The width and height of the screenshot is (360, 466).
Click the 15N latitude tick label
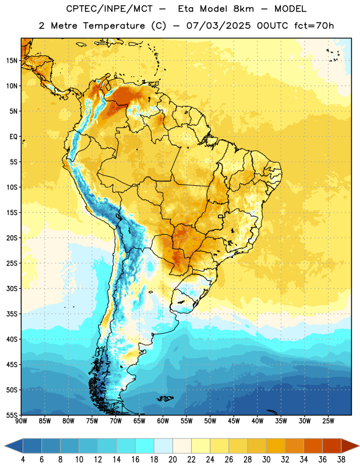tap(12, 61)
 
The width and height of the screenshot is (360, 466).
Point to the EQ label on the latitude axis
tap(13, 137)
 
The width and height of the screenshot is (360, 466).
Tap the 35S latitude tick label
tap(12, 314)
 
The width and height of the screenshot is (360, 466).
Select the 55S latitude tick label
tap(12, 415)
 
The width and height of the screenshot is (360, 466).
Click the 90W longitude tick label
tap(22, 421)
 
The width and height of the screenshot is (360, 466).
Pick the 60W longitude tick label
tap(163, 421)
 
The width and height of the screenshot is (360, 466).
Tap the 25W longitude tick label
tap(328, 421)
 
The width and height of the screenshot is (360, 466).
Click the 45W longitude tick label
tap(234, 421)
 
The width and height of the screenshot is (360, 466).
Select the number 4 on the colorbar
tap(23, 460)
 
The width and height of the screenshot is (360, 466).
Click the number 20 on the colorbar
tap(172, 460)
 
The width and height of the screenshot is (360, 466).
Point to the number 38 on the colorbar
tap(341, 460)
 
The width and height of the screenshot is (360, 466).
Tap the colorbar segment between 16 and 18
tap(144, 446)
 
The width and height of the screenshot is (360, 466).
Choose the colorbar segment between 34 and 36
tap(313, 446)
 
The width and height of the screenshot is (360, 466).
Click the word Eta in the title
tap(186, 9)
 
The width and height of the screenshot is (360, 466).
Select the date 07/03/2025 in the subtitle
tap(218, 26)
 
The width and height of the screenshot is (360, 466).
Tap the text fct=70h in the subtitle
tap(314, 26)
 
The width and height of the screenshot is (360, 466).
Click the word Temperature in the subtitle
tap(114, 26)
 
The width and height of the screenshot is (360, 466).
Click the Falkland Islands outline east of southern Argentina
tap(165, 398)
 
